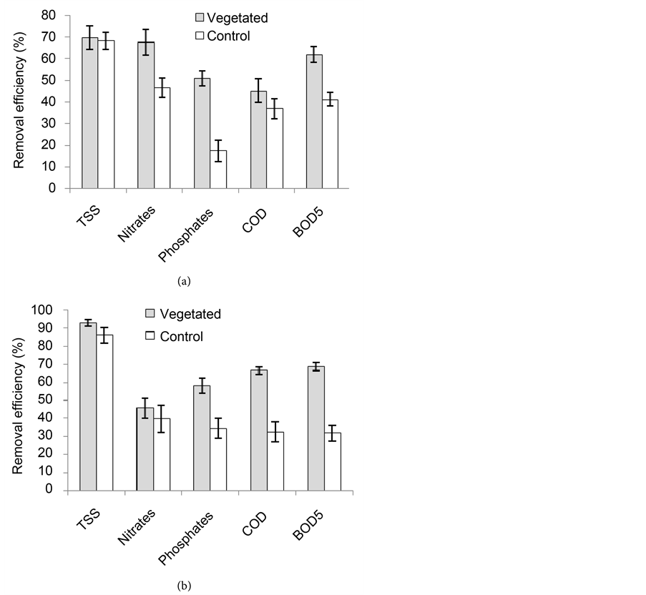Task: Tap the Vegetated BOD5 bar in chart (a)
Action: tap(314, 122)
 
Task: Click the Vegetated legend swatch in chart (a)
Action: tap(201, 17)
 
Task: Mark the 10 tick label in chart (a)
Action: tap(51, 167)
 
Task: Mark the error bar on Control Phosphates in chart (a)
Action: tap(218, 151)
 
